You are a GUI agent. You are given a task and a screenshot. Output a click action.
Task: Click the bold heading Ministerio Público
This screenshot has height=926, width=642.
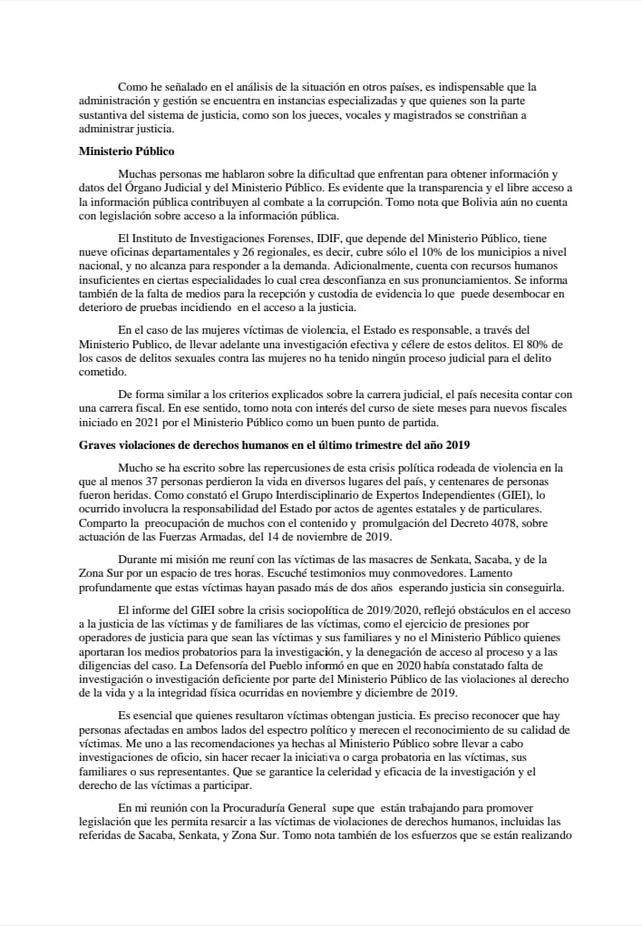(126, 151)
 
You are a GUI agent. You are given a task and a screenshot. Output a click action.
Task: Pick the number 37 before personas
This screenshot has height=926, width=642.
(143, 483)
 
